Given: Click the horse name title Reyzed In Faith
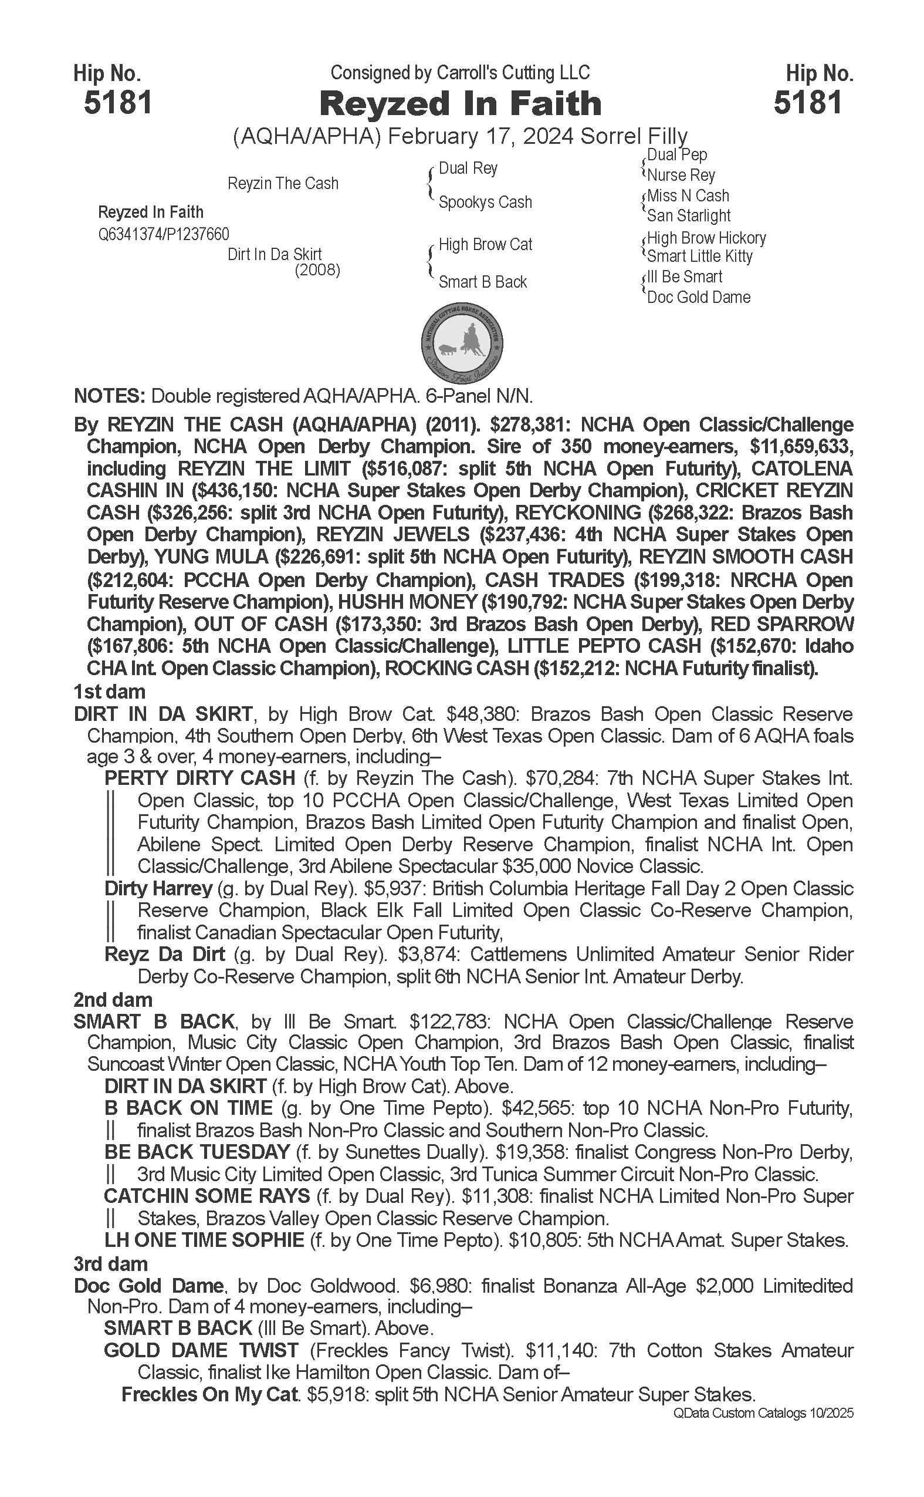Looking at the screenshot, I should (x=460, y=103).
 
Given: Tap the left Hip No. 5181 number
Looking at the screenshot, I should (x=118, y=102).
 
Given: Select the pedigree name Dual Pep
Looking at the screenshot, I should (x=676, y=155).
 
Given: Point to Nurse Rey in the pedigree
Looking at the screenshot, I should (x=681, y=176).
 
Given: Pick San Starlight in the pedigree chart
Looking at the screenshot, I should (x=689, y=216).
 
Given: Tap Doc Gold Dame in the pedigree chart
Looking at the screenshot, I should (x=699, y=297).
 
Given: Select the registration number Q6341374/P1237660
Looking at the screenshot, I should (x=164, y=234).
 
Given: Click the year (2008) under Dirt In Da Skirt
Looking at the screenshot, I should (x=317, y=269).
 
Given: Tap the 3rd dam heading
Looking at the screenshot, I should (x=111, y=1264).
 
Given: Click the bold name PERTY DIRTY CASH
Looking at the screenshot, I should (x=200, y=778).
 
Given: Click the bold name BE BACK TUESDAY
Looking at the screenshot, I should (x=197, y=1152).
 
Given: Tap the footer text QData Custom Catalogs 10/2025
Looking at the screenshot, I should (x=763, y=1413).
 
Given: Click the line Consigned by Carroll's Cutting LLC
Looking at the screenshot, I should (x=460, y=73).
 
